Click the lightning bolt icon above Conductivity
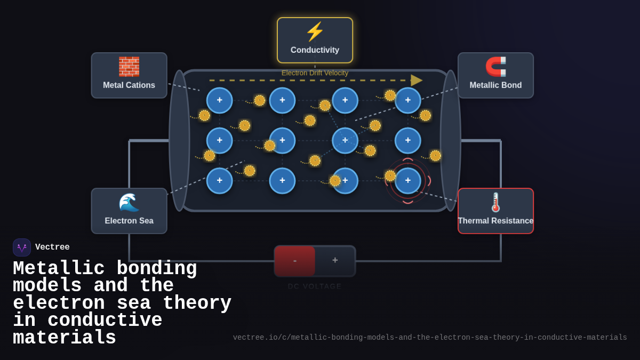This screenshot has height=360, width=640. [x=315, y=32]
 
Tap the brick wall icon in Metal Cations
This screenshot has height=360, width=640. [x=129, y=67]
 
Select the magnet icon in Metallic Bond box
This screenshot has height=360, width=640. [x=495, y=67]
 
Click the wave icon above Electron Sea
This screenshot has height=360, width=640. [x=129, y=202]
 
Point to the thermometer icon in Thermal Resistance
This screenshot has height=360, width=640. [x=495, y=202]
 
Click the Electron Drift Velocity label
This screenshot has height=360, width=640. [x=315, y=73]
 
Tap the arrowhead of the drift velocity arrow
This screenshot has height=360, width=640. [x=416, y=81]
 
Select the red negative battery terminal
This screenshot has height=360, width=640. [x=295, y=261]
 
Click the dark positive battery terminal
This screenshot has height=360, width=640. [x=335, y=261]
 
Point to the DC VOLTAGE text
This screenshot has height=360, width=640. [x=315, y=286]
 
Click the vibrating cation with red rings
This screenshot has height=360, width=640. [x=408, y=181]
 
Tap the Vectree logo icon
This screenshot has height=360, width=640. [x=22, y=247]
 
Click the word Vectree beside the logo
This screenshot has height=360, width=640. [x=52, y=247]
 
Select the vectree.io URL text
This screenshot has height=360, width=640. [x=430, y=338]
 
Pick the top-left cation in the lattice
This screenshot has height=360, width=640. [x=219, y=100]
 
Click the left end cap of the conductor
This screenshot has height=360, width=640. [x=179, y=141]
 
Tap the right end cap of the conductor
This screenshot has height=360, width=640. [x=450, y=141]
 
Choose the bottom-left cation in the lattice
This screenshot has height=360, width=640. [x=219, y=181]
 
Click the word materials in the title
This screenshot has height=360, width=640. [x=65, y=338]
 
